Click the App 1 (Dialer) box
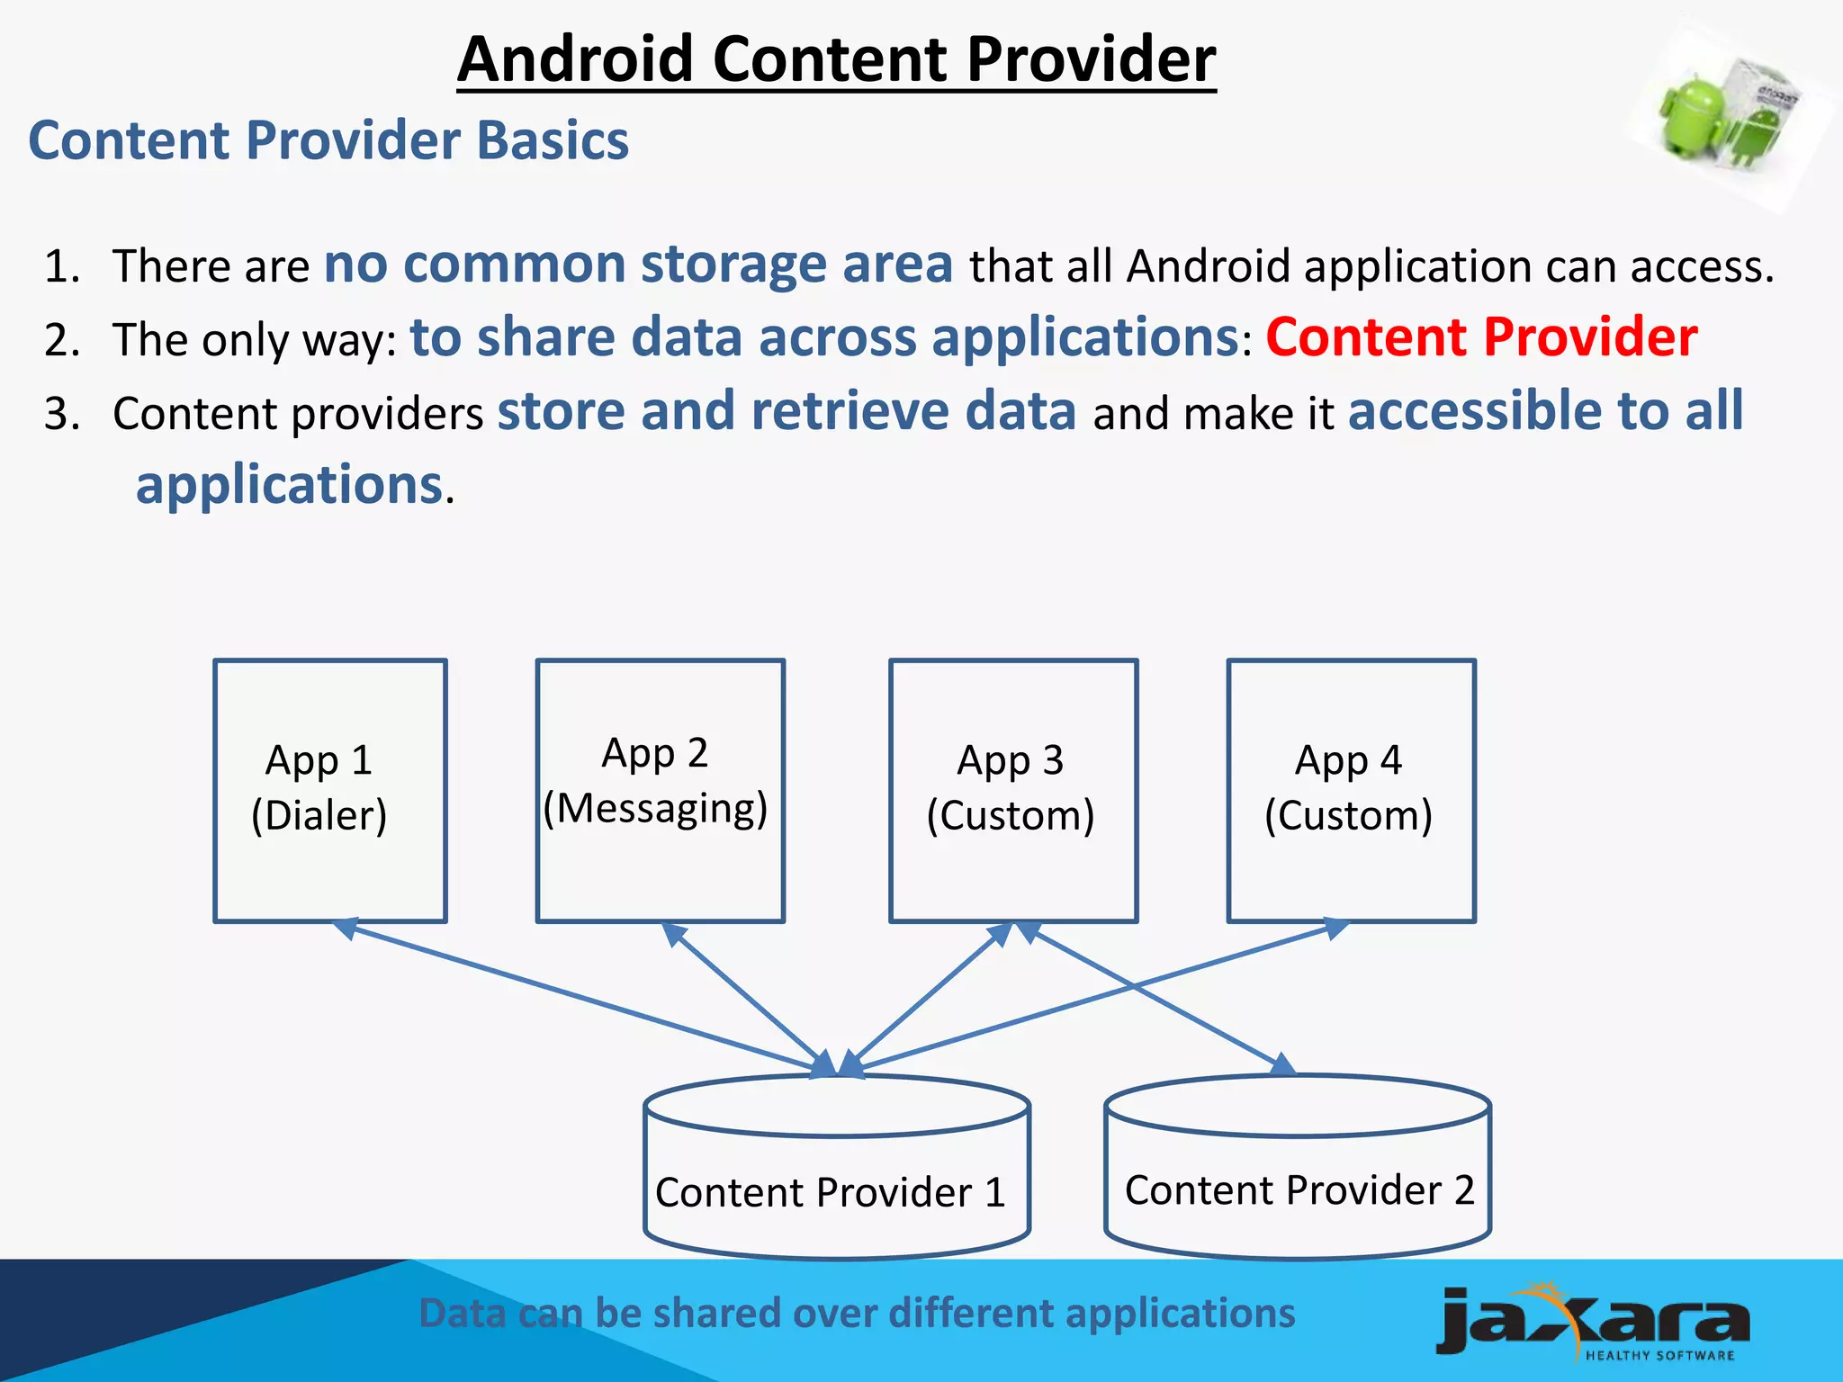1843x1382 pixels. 330,790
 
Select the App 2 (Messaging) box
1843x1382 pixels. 661,790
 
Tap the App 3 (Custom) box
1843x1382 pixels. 1013,790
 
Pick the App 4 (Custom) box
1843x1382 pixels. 1351,790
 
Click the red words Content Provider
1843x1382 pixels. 1481,337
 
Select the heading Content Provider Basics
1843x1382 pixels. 328,141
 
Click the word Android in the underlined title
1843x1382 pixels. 575,59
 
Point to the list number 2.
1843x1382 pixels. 60,341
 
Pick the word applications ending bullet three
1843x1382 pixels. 289,485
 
